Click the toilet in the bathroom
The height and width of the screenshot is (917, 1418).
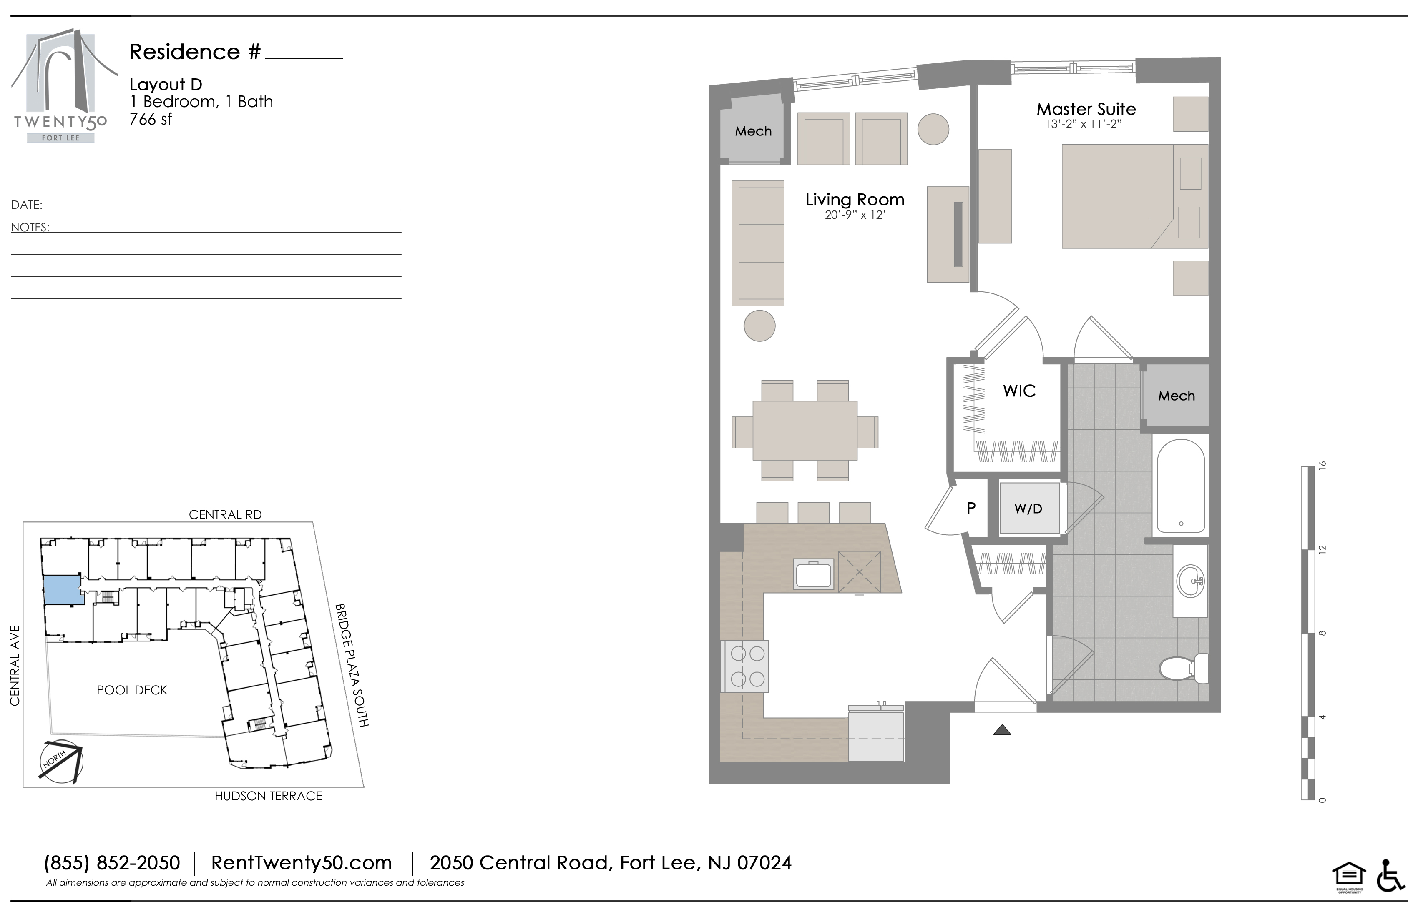1184,668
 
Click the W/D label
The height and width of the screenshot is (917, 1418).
1028,509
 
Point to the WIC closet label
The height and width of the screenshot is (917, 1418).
1019,391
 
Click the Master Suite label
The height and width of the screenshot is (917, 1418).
1086,109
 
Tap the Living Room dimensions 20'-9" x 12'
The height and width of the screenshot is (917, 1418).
855,215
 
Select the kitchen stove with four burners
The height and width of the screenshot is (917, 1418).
745,666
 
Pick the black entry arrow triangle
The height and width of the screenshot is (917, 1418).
1002,729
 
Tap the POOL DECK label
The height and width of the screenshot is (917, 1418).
132,690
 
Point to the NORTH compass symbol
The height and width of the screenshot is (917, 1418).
60,760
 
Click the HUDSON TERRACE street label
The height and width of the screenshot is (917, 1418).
268,796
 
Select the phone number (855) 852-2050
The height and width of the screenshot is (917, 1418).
112,863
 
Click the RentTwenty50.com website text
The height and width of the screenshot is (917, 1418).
302,863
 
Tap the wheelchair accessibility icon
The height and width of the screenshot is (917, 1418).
1391,876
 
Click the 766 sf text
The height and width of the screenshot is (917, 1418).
151,119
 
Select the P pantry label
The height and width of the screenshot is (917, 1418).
971,508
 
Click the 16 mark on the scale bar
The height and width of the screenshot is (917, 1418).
1322,465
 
